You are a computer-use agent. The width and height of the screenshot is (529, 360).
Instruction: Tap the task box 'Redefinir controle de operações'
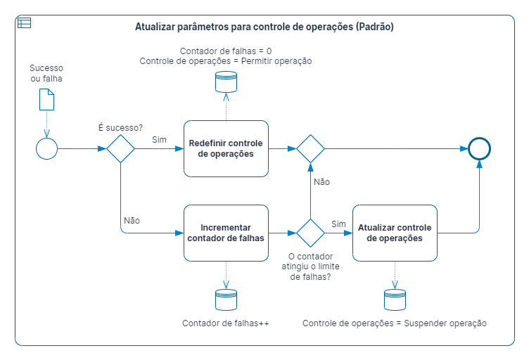pos(226,148)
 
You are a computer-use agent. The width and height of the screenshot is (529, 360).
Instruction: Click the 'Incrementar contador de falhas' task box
pos(226,233)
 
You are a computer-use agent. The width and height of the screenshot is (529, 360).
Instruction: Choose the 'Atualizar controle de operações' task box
pos(395,233)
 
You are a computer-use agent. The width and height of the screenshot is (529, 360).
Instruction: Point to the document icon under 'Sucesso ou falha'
pos(47,99)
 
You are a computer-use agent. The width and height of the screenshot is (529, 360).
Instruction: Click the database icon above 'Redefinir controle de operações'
pos(226,82)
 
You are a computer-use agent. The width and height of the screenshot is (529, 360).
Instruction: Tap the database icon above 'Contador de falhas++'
pos(226,300)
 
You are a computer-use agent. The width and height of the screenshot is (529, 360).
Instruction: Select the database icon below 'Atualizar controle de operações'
pos(395,300)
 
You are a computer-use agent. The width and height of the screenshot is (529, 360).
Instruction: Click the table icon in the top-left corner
pos(25,23)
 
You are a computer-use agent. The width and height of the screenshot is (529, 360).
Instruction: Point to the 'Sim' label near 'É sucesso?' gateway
pos(159,139)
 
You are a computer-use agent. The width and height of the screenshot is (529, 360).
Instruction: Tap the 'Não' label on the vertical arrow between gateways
pos(322,182)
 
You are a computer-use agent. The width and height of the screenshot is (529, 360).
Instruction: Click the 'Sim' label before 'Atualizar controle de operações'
pos(338,224)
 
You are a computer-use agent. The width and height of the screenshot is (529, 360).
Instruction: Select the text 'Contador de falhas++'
pos(226,323)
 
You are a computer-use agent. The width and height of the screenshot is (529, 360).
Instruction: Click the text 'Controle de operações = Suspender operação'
pos(395,323)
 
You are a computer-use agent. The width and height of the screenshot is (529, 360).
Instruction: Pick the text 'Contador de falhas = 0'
pos(226,51)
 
